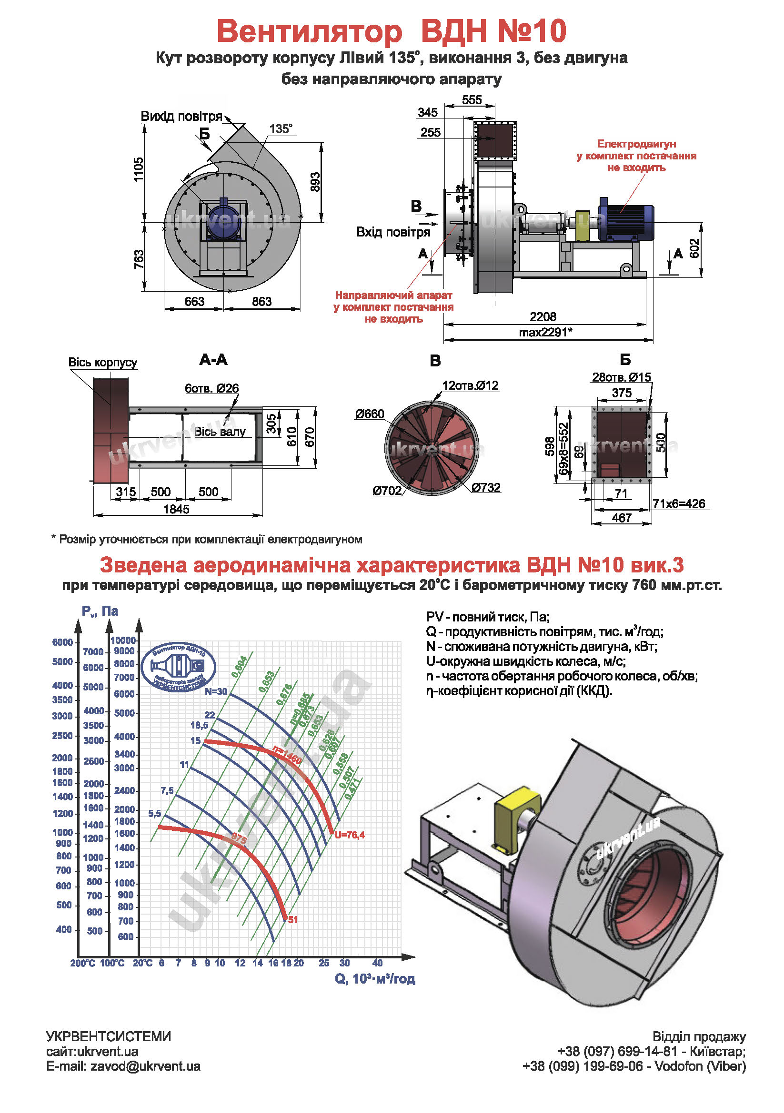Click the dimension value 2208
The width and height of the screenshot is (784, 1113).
point(543,316)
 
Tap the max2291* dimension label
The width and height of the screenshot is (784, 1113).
point(545,332)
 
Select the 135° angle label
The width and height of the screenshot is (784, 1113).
point(281,129)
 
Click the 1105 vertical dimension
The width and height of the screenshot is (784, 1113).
point(139,169)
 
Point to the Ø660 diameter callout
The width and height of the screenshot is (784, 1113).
point(369,414)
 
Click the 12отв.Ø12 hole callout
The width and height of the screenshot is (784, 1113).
point(470,385)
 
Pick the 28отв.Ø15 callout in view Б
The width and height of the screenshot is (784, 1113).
point(621,377)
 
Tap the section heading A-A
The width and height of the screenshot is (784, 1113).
point(213,359)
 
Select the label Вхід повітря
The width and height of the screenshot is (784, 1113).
point(393,232)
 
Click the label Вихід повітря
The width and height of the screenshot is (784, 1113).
point(181,116)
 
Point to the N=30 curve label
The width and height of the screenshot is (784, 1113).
point(215,691)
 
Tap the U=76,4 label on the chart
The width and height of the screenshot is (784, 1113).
point(349,835)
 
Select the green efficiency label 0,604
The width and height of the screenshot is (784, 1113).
point(240,667)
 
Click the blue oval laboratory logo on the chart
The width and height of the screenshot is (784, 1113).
point(179,668)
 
